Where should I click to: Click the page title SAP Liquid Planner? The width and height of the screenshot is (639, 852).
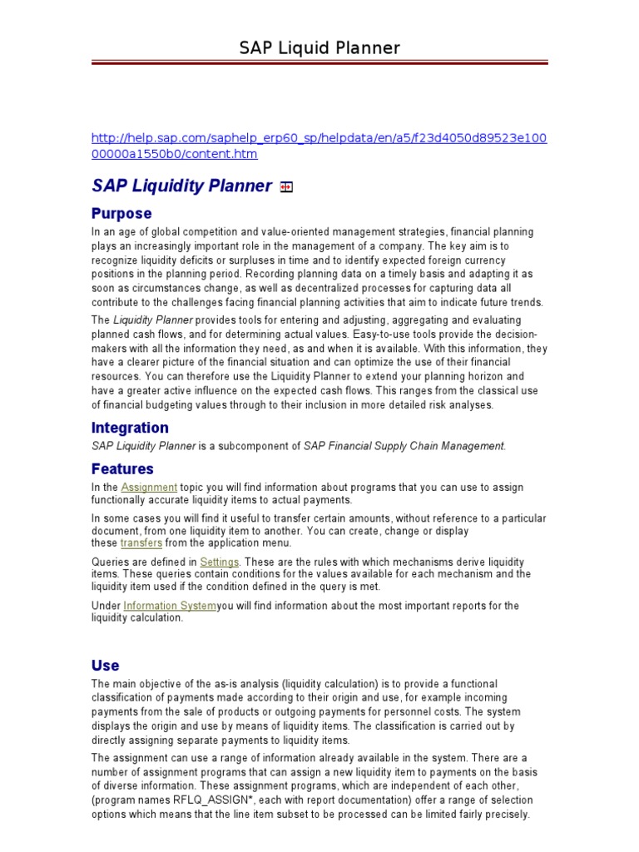click(x=319, y=48)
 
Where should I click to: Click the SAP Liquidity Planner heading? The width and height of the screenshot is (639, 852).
click(x=181, y=186)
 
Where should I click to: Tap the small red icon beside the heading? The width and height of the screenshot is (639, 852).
click(x=286, y=188)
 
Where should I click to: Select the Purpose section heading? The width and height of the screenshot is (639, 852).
click(x=121, y=214)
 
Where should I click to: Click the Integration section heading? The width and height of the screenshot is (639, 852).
click(x=130, y=428)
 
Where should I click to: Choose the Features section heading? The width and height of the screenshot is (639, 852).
click(x=122, y=469)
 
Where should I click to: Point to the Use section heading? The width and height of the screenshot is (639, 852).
click(x=106, y=666)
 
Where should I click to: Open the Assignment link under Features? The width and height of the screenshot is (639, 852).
click(x=149, y=488)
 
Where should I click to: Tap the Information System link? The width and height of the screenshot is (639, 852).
click(x=170, y=606)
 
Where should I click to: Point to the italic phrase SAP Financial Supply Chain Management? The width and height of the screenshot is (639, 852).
click(x=404, y=446)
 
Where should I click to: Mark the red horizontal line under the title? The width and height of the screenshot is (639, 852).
click(x=319, y=62)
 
